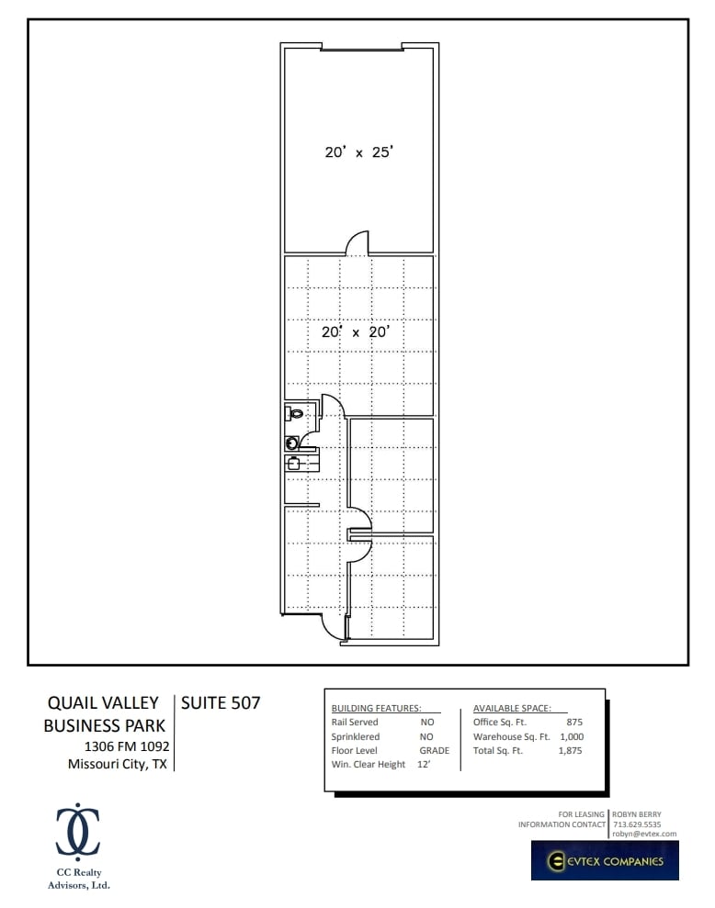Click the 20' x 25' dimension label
click(358, 152)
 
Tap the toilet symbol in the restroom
click(295, 414)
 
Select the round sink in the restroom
click(291, 442)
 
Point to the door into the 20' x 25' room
click(357, 243)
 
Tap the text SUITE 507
click(221, 703)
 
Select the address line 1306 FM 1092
click(126, 746)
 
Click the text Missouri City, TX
click(118, 764)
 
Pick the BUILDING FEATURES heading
click(376, 709)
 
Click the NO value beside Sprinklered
click(426, 736)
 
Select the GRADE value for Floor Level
click(434, 750)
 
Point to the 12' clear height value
click(423, 764)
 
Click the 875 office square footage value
click(574, 723)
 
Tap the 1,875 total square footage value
click(570, 750)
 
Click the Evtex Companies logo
click(604, 860)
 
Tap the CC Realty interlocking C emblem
click(78, 831)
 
